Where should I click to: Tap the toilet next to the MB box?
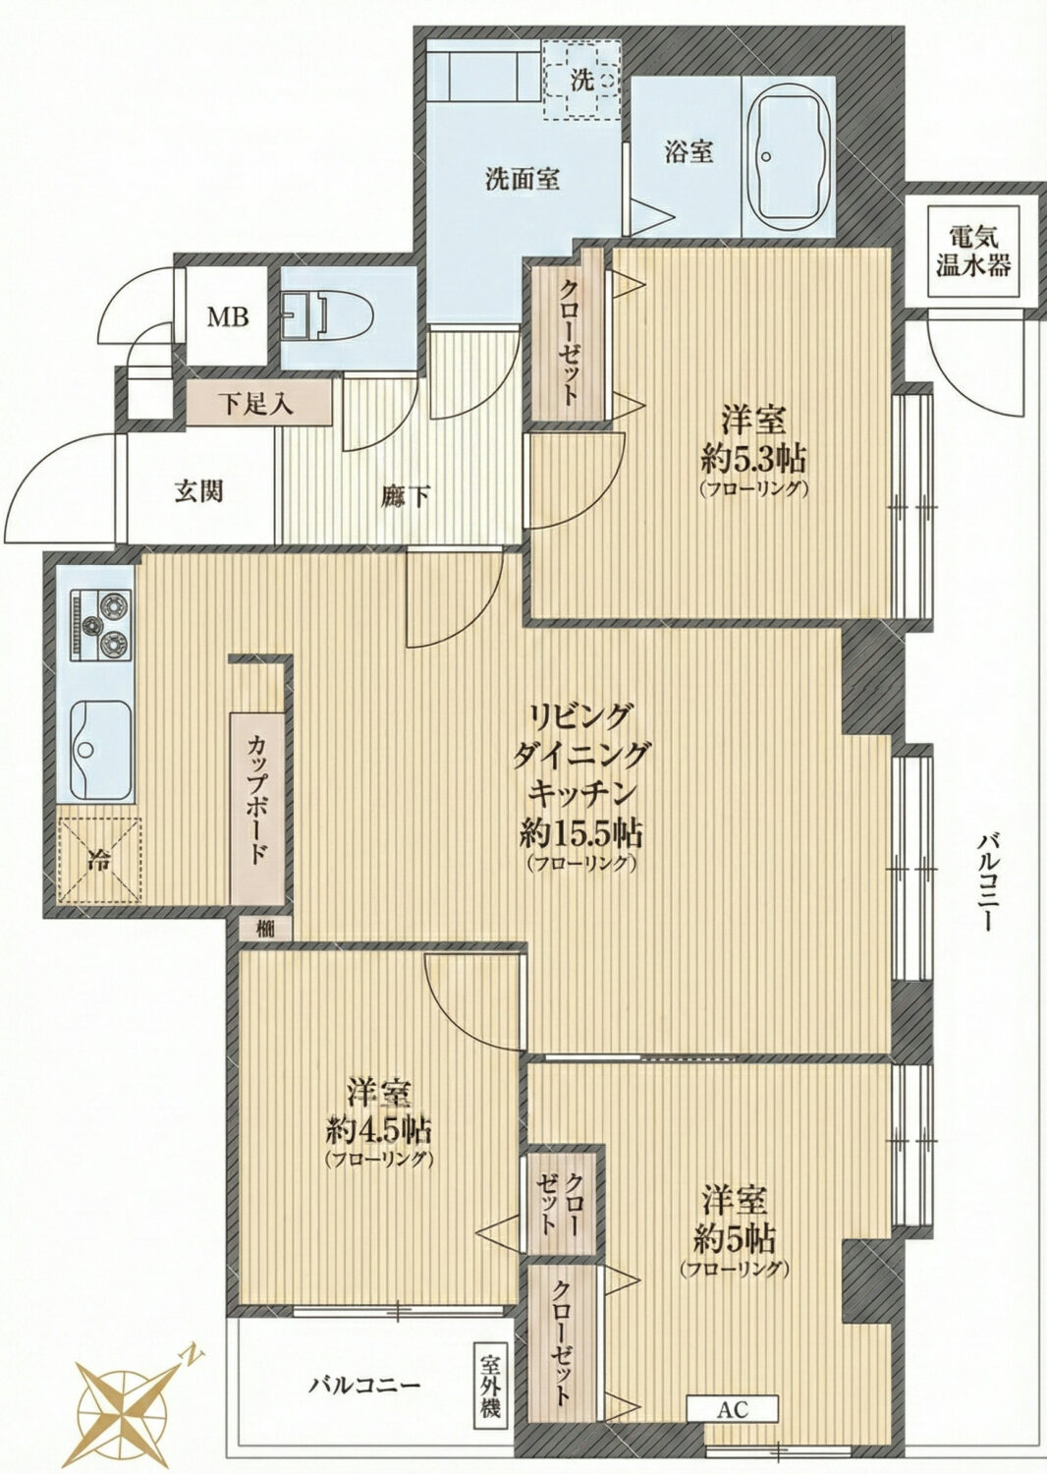click(x=327, y=312)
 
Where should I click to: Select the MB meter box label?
click(x=228, y=317)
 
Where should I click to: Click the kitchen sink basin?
click(x=100, y=750)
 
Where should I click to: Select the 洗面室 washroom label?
click(x=523, y=179)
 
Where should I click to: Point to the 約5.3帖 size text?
click(x=754, y=459)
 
